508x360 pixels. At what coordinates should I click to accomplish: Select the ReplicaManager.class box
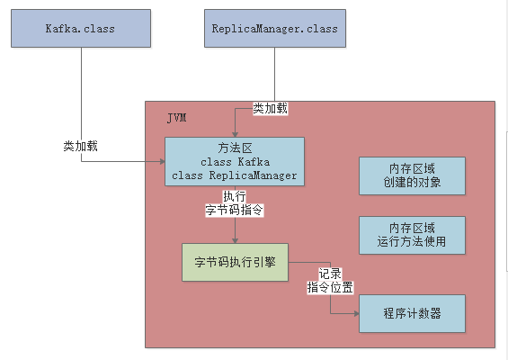click(x=274, y=29)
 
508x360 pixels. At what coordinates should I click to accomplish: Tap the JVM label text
click(x=177, y=119)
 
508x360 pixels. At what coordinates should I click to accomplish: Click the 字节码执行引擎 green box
click(x=235, y=262)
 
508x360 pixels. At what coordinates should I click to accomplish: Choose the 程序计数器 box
click(x=413, y=313)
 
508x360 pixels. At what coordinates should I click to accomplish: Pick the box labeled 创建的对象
click(x=413, y=176)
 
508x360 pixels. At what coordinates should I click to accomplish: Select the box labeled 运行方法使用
click(x=413, y=234)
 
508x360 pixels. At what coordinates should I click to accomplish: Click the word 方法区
click(x=236, y=148)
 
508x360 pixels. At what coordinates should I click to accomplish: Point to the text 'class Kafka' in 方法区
click(x=236, y=161)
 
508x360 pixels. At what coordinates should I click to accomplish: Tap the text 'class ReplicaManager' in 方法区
click(x=236, y=175)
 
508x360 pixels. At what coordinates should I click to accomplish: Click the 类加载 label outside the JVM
click(x=80, y=146)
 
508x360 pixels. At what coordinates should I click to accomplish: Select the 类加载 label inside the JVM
click(x=271, y=108)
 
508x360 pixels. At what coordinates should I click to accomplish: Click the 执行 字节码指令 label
click(x=234, y=203)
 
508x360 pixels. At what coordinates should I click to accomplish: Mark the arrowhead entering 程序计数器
click(x=355, y=313)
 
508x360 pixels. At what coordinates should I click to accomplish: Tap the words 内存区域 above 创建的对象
click(x=413, y=169)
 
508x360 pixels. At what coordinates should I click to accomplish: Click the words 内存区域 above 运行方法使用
click(x=413, y=227)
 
